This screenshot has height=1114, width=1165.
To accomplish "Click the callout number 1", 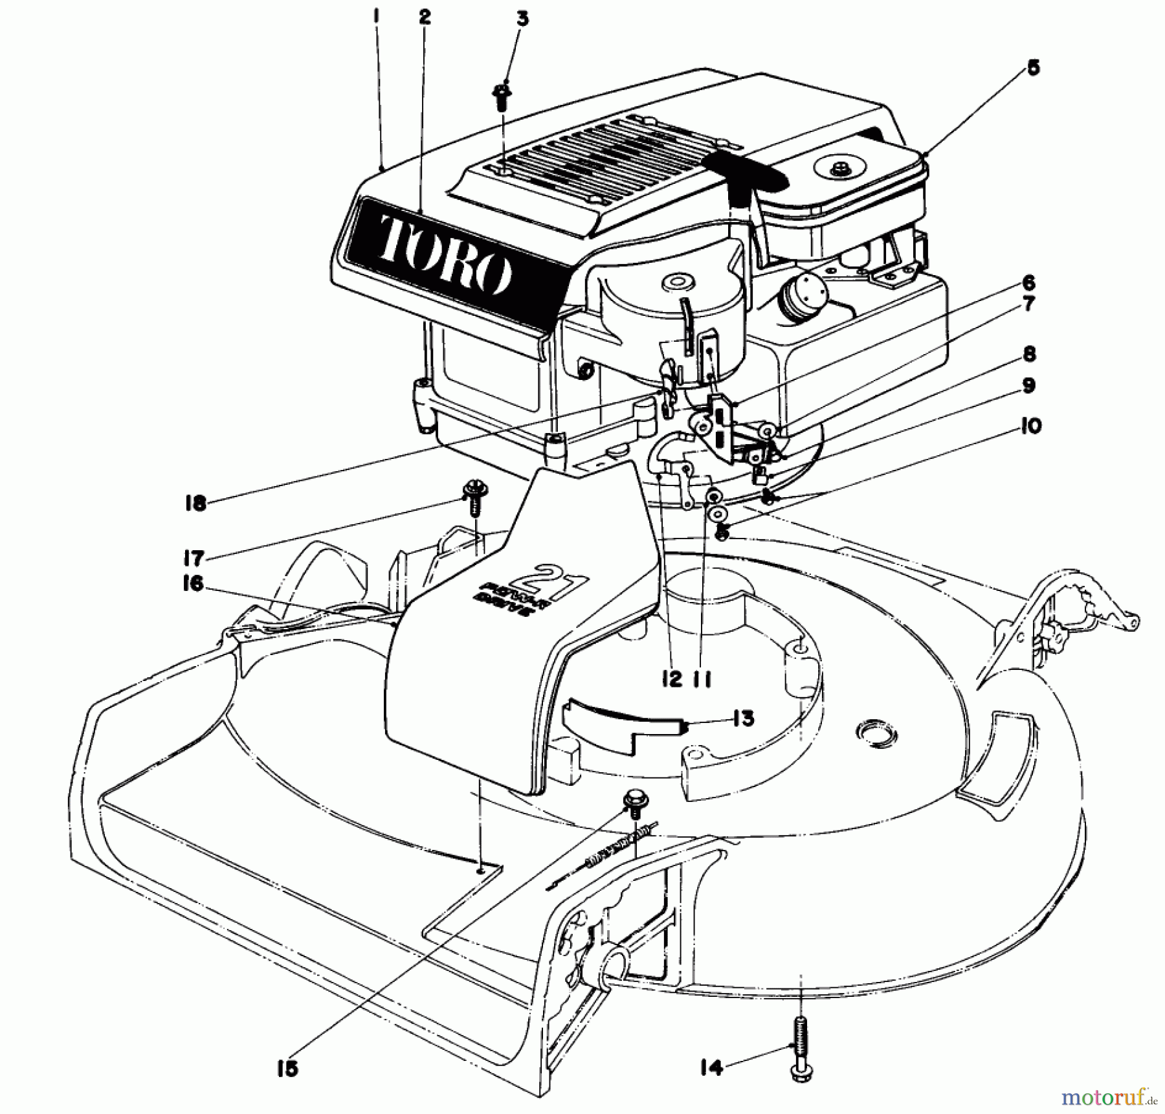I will click(x=377, y=19).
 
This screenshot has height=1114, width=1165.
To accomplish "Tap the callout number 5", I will click(x=1033, y=67).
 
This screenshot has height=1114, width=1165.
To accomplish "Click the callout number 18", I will click(x=195, y=503).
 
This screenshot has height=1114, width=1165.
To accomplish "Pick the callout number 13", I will click(x=744, y=718).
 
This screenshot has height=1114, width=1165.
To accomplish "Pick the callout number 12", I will click(x=672, y=679).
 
